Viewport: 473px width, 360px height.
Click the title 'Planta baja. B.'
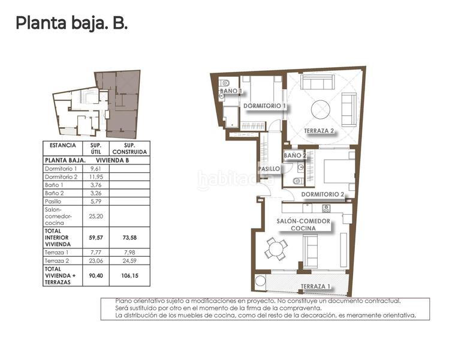71,23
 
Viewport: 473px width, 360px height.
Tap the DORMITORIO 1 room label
264,106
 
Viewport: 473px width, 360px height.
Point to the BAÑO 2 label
295,156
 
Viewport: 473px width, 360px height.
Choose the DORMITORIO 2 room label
323,195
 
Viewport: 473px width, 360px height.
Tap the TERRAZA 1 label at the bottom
315,287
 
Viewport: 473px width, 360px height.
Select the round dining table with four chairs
276,247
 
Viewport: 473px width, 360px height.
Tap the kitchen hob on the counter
326,209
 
